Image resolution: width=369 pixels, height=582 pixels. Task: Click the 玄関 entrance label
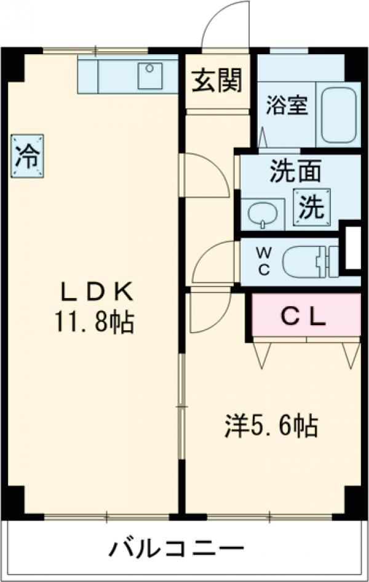(216, 81)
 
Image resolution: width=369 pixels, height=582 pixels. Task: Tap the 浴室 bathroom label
(287, 105)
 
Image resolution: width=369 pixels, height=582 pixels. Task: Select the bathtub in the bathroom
(339, 115)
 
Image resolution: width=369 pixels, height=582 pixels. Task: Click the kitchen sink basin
(149, 76)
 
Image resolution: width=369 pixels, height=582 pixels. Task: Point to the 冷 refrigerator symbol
(28, 156)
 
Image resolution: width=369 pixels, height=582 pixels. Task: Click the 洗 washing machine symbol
(312, 207)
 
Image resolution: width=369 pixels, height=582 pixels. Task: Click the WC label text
(264, 262)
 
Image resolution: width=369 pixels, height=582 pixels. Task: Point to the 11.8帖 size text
(95, 322)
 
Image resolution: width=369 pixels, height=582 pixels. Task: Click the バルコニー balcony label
(176, 548)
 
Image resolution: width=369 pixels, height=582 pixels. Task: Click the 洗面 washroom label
(295, 171)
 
